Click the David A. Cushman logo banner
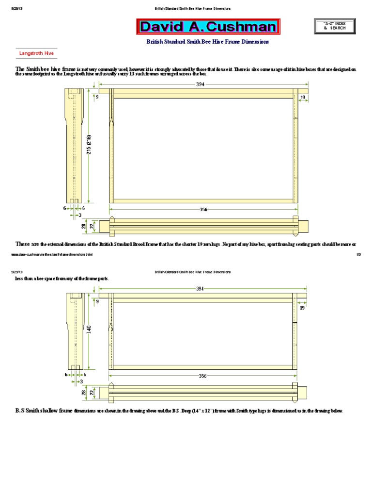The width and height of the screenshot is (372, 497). (x=208, y=27)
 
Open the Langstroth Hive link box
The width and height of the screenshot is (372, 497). (x=36, y=53)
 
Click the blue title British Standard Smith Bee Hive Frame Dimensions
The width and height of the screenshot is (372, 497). (x=207, y=42)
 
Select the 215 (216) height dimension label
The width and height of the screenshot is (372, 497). (x=89, y=145)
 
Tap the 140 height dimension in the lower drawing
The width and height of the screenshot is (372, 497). (x=89, y=329)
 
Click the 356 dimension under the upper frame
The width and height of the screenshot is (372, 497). (x=203, y=210)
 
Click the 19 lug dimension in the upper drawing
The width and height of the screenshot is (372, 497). (x=302, y=98)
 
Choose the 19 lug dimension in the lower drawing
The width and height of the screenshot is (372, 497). (x=302, y=308)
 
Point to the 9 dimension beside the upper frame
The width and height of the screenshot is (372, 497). (x=97, y=97)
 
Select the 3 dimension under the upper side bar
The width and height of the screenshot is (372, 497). (x=79, y=215)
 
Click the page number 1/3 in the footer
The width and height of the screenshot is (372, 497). (x=359, y=254)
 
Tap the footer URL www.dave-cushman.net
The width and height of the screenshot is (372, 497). (x=51, y=254)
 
